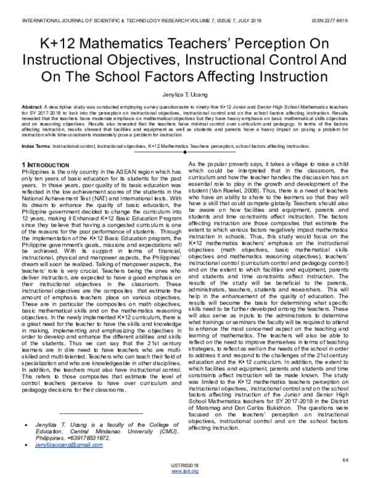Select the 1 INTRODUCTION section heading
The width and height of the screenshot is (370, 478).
46,166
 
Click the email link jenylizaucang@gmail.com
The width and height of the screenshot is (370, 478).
69,444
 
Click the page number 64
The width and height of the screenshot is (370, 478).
345,460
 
